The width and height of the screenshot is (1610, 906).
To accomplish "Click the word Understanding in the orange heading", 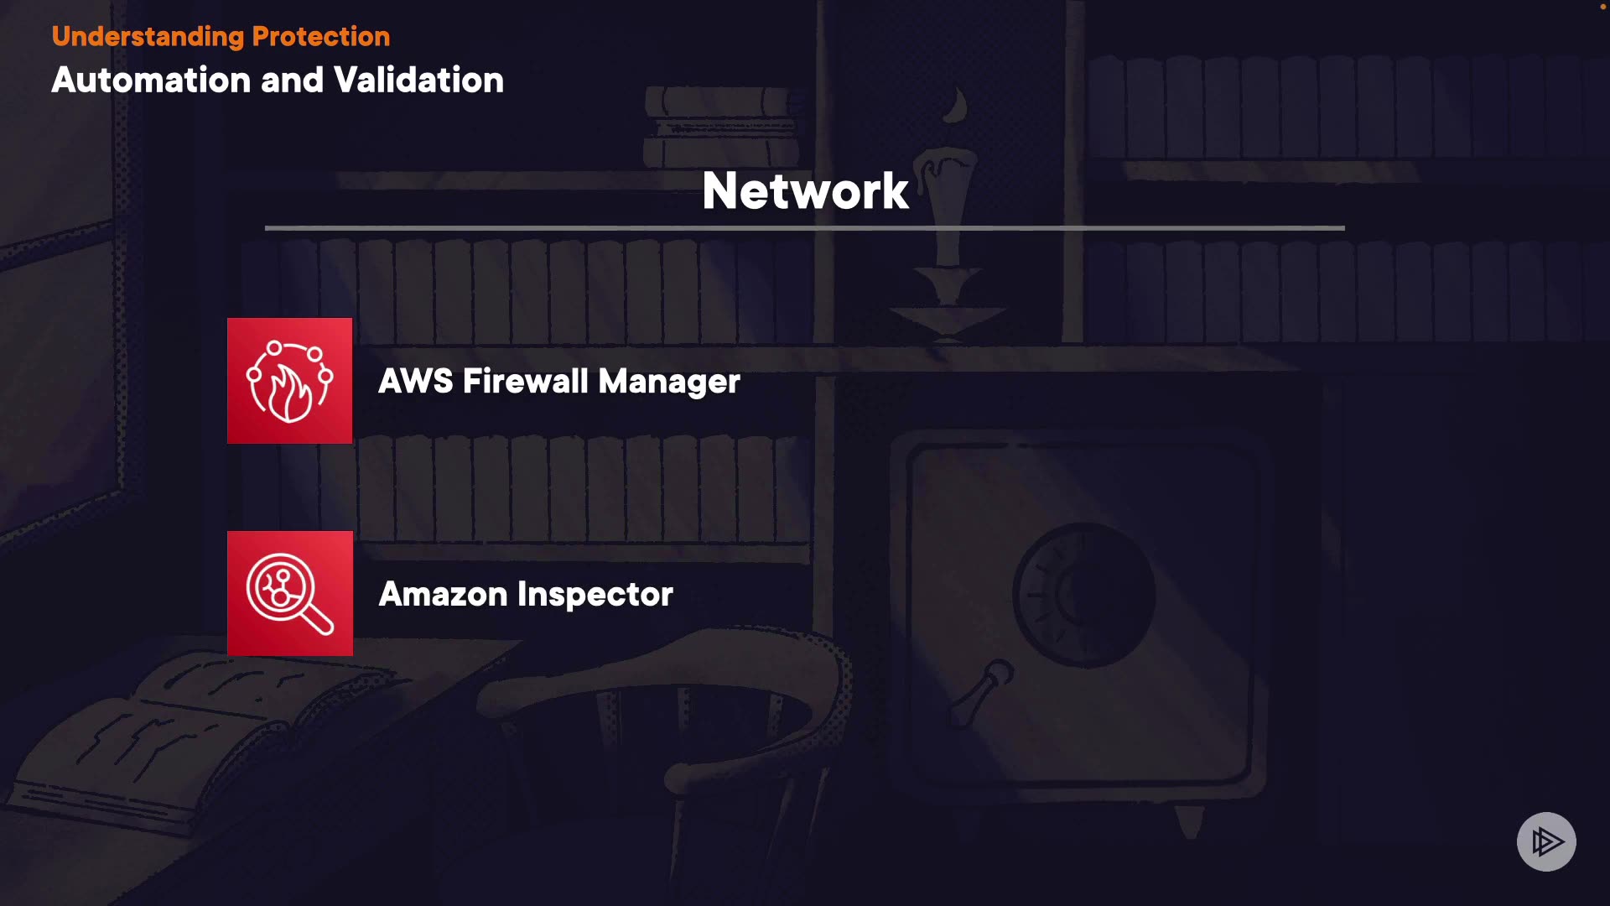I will pos(148,37).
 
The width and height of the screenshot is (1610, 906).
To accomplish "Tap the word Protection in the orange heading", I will pos(320,37).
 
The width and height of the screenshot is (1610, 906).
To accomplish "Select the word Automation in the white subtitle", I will pos(151,81).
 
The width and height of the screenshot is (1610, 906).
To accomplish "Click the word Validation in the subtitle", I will pos(418,81).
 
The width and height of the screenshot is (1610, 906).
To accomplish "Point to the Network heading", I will pos(805,191).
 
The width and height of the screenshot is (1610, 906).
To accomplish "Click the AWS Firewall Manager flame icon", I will pos(289,381).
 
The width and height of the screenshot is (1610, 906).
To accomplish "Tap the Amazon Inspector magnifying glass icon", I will pos(289,594).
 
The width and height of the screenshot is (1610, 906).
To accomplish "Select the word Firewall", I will pos(525,382).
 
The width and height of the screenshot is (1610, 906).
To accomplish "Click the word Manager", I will pos(669,382).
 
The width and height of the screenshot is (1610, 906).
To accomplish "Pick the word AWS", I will pos(415,382).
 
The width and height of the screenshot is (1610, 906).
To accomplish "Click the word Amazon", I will pos(443,595).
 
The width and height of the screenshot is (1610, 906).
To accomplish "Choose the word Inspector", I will pos(595,595).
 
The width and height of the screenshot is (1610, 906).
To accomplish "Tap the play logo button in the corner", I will pos(1546,841).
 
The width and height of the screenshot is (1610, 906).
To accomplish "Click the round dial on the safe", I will pos(1083,594).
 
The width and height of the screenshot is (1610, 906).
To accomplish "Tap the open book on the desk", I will pos(193,730).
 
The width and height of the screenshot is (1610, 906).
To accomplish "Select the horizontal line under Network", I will pos(805,227).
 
